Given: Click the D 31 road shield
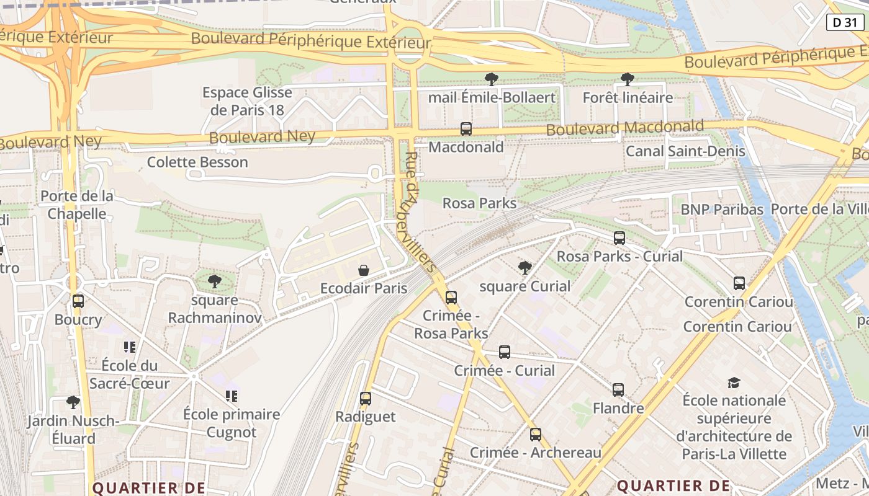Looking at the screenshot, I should point(845,22).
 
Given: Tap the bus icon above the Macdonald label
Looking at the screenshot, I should point(466,129).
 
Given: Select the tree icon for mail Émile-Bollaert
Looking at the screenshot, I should point(491,79).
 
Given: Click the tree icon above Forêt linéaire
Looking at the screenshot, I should point(627,79).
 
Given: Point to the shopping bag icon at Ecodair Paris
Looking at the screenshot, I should point(364,270).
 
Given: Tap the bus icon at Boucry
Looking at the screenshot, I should point(78,301).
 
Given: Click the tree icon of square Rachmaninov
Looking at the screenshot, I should point(214,281).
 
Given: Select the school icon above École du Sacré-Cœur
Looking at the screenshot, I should point(130,347).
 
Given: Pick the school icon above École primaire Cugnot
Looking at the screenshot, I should point(232,396).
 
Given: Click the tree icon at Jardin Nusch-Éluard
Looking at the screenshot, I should point(73,402).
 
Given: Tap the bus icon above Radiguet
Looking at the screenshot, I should point(366,398).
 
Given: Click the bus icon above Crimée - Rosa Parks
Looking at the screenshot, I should point(451,297).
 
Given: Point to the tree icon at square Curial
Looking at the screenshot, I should point(525,267).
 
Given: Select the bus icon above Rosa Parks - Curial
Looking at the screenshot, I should point(619,237).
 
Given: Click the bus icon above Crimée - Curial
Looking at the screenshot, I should point(505,352).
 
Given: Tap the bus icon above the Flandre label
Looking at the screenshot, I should point(618,390).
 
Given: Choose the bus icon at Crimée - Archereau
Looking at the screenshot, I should point(536,435).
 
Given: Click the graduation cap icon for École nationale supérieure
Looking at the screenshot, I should point(734,382).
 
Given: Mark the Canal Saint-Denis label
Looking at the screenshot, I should point(685,151).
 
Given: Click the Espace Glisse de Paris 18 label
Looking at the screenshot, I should point(247,101).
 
